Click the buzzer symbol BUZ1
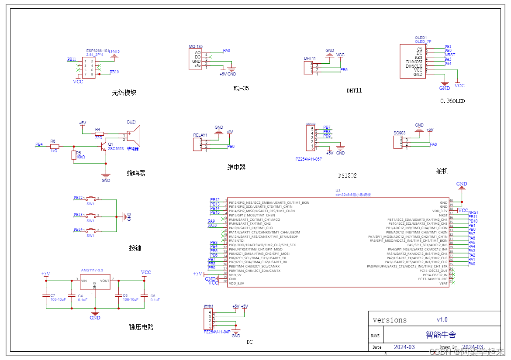[135, 136]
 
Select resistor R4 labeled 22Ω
[99, 134]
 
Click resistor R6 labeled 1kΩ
[54, 146]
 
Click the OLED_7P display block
[413, 61]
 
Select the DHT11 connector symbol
[308, 69]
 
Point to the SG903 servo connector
[397, 143]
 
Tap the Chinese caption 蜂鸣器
[136, 173]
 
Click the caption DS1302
[347, 175]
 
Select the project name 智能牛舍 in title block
[441, 335]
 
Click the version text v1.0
[442, 319]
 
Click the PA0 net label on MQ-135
[226, 51]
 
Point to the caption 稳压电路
[141, 327]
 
